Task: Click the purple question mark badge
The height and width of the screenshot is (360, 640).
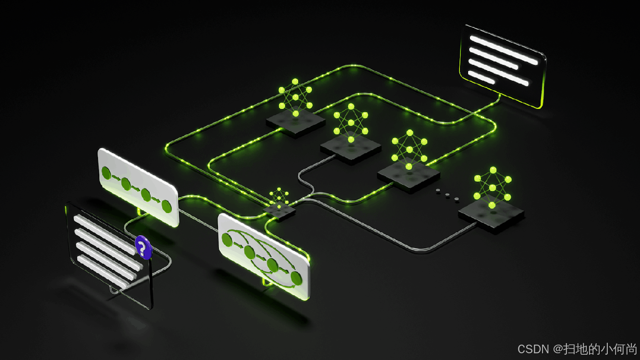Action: tap(143, 247)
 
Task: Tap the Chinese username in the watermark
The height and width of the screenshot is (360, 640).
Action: tap(600, 349)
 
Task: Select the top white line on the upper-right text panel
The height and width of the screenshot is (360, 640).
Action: tap(504, 50)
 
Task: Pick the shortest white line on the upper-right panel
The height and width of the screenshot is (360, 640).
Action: tap(481, 77)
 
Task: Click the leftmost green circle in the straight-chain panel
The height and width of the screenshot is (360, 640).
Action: tap(106, 173)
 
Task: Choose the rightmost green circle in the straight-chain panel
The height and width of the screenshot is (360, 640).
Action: tap(166, 206)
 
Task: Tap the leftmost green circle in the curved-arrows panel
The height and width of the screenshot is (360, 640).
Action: tap(227, 240)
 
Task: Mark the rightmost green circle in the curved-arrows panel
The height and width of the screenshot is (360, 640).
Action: tap(296, 278)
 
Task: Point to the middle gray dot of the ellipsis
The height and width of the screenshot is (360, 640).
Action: tap(447, 194)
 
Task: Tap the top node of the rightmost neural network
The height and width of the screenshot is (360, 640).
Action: tap(493, 170)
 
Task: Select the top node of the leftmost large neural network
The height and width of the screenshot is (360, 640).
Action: tap(295, 82)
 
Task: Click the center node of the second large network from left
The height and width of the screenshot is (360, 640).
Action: tap(351, 123)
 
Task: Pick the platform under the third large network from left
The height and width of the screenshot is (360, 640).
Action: tap(409, 176)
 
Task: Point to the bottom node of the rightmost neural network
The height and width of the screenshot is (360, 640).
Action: tap(492, 205)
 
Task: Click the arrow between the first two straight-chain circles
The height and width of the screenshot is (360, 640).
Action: tap(116, 178)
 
